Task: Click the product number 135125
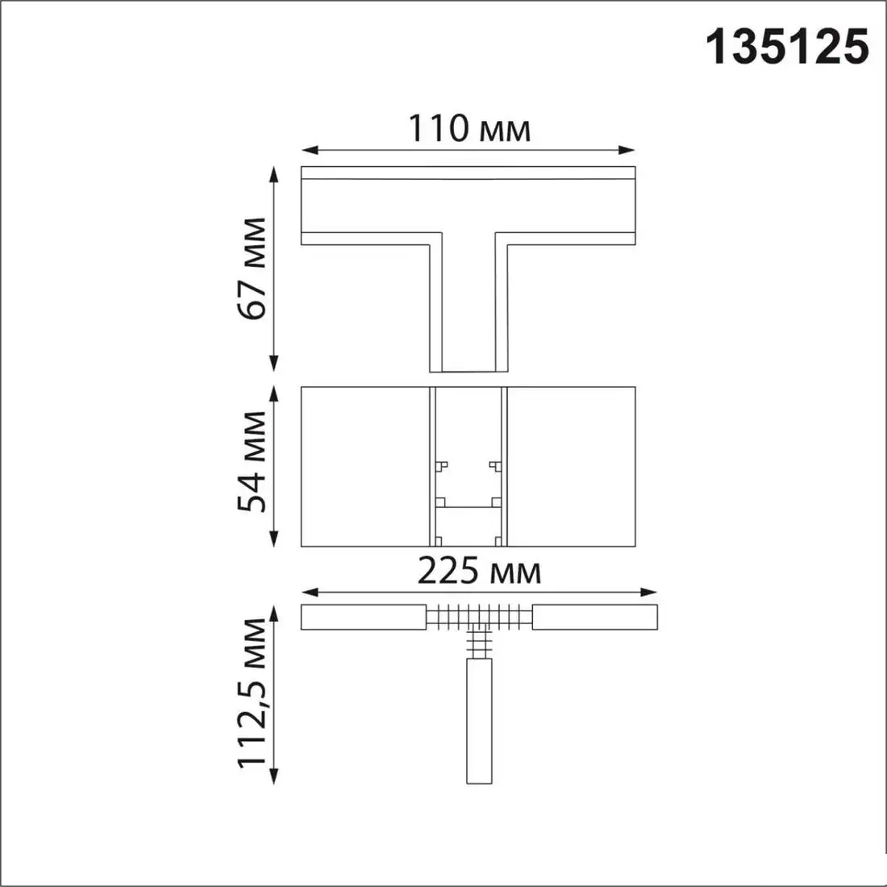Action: tap(788, 46)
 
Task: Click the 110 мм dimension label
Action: tap(469, 129)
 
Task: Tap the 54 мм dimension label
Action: tap(253, 462)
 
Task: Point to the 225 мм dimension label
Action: tap(479, 573)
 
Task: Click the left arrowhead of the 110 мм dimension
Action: tap(308, 150)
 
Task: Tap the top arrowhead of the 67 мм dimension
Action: tap(275, 173)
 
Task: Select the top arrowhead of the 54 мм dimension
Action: tap(275, 394)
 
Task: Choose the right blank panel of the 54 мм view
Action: tap(570, 466)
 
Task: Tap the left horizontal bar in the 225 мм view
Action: tap(363, 617)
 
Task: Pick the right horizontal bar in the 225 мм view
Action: tap(595, 617)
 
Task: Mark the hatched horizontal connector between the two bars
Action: tap(478, 617)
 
